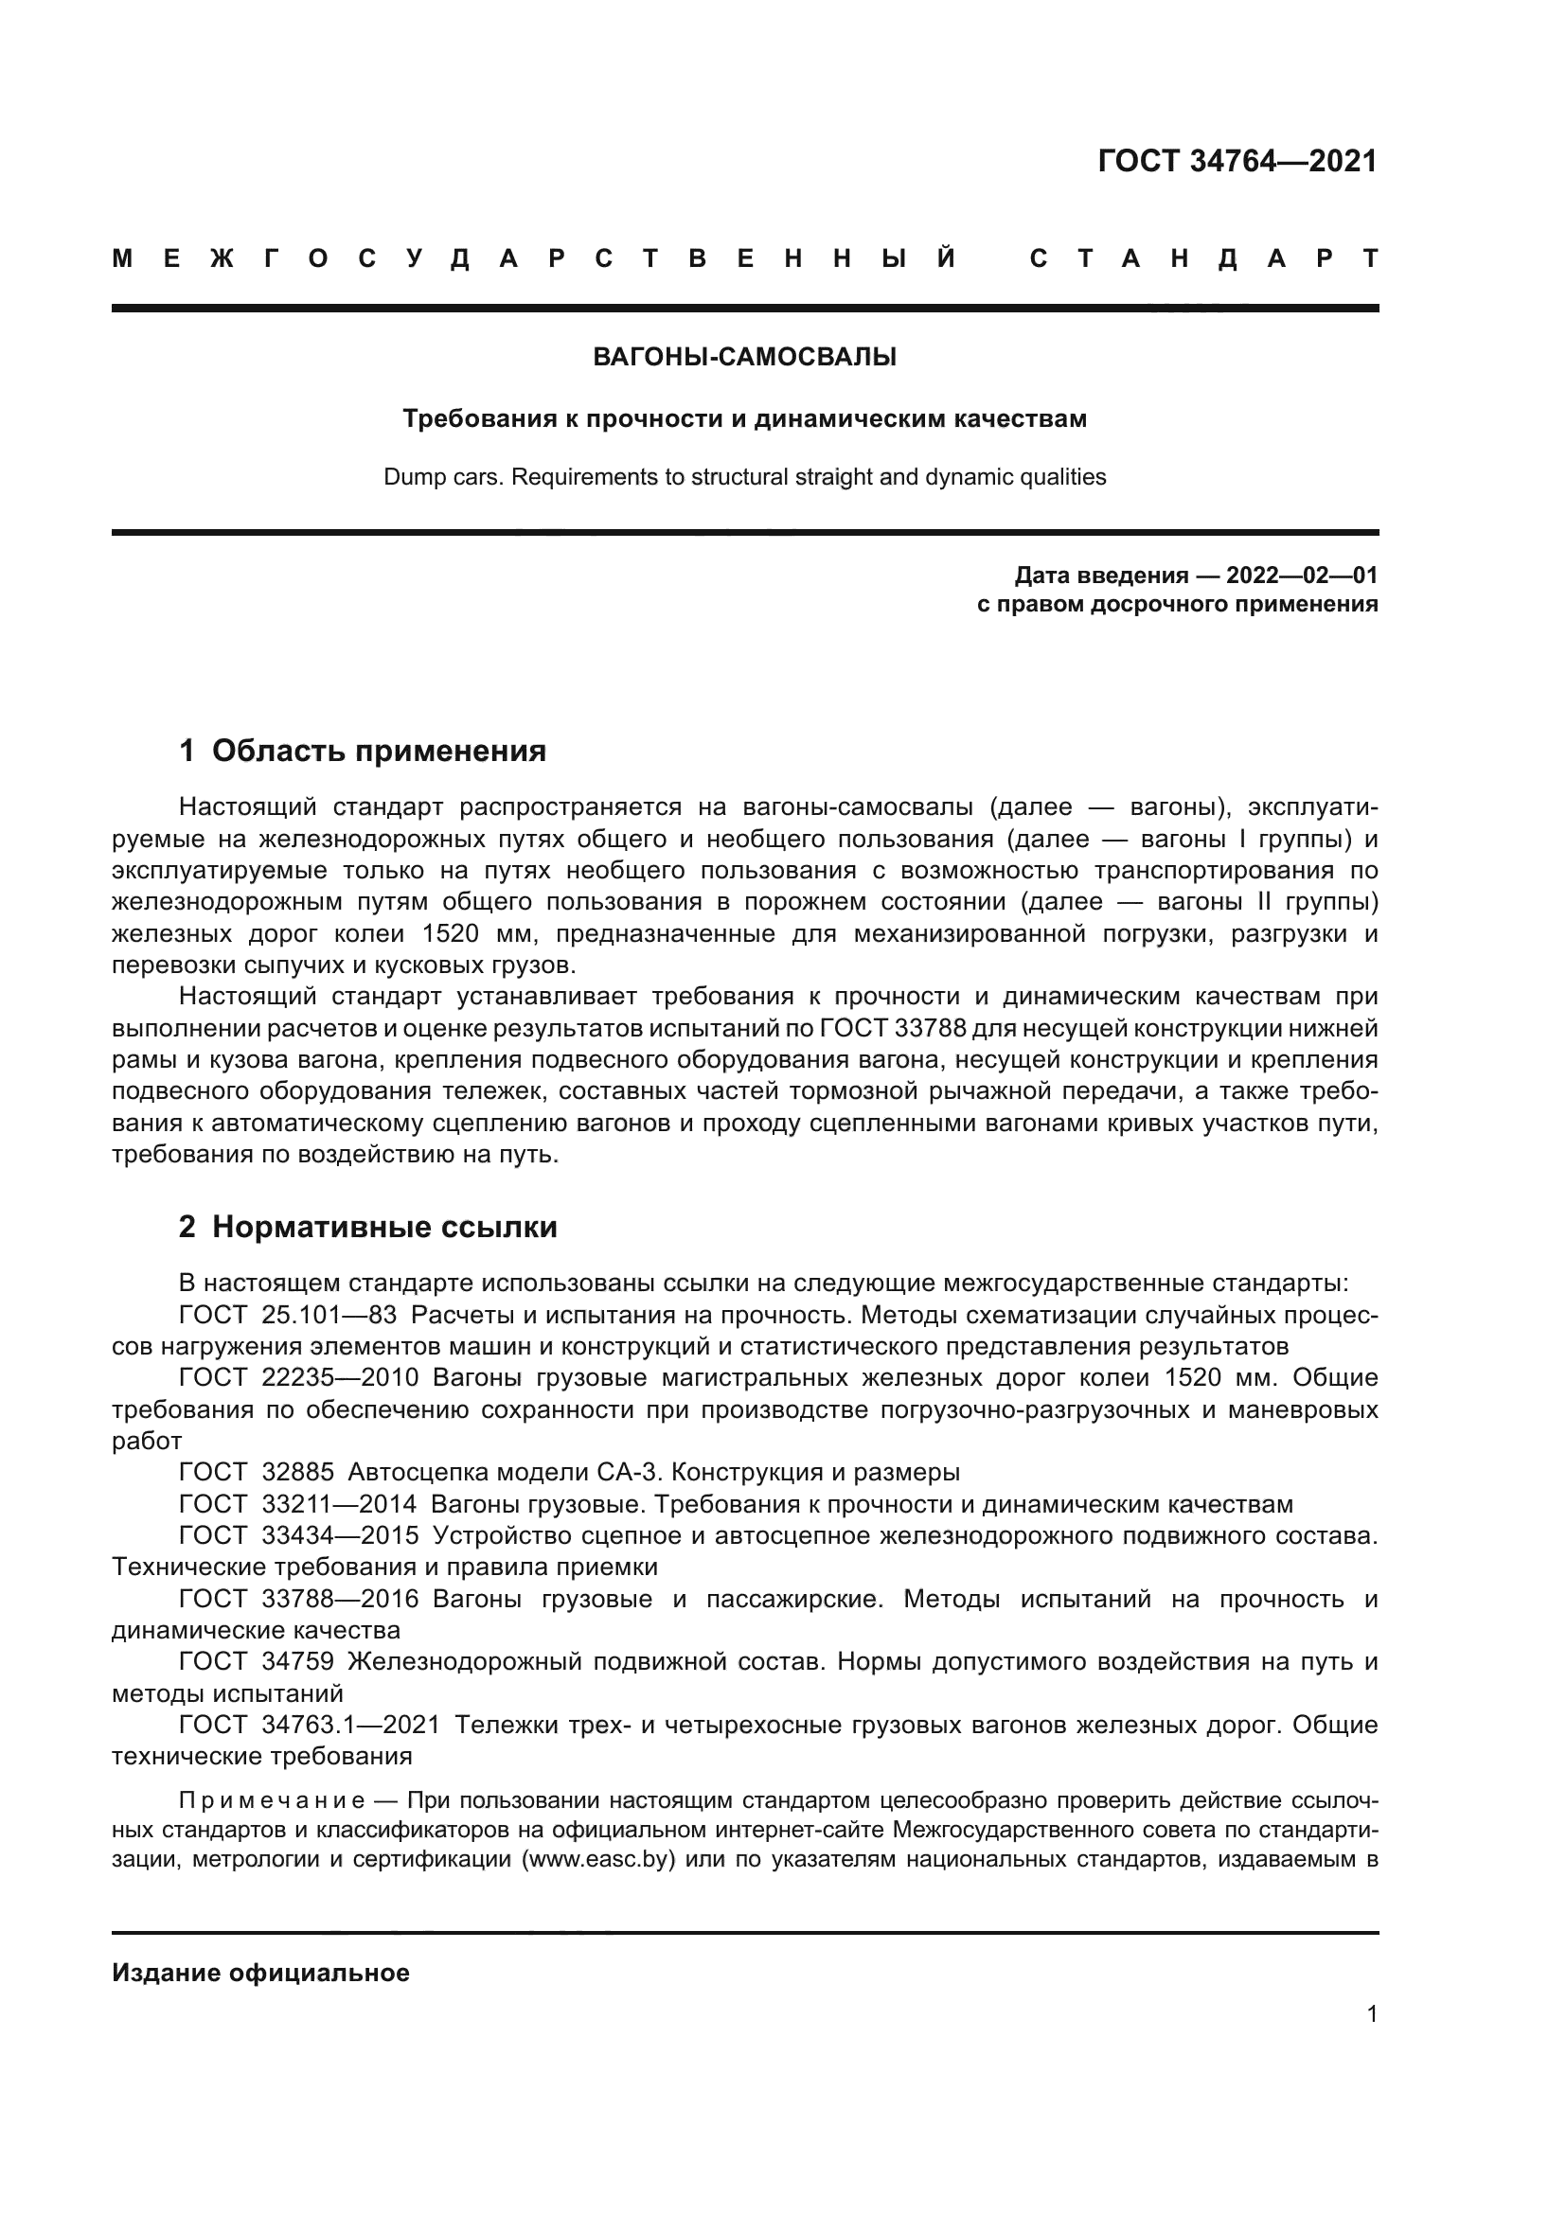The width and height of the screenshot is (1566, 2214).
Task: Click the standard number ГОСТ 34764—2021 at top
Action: pos(1237,161)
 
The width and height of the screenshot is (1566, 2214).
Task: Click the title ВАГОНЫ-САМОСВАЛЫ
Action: pos(744,358)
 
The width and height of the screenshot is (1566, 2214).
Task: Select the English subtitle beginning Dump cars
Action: pos(744,477)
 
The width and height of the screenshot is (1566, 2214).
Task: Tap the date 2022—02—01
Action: pos(1302,576)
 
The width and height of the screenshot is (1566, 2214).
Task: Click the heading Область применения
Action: pos(379,751)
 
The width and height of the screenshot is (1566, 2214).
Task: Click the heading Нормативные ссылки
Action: pos(383,1227)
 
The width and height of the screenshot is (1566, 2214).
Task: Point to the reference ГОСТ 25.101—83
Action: pos(288,1315)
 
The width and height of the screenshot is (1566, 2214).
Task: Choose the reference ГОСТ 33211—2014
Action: pos(298,1504)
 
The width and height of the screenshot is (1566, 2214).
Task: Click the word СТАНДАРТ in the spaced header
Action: pos(1203,258)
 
